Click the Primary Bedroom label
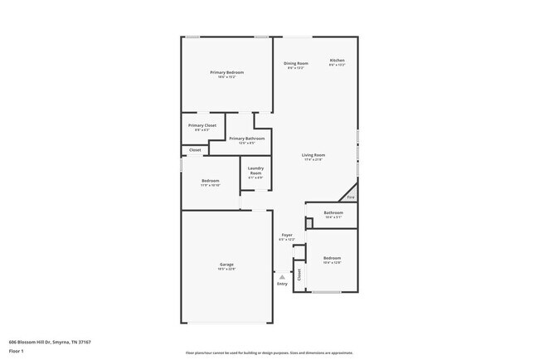(x=226, y=73)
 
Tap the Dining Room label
(x=296, y=64)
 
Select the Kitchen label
(x=337, y=61)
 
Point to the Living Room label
(x=313, y=155)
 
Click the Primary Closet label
(x=202, y=125)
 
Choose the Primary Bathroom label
(x=247, y=139)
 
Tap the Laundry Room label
(x=255, y=171)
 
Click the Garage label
(x=226, y=265)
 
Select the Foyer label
(x=287, y=235)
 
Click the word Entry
(x=283, y=285)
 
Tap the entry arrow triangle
(x=282, y=277)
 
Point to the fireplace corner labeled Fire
(x=351, y=197)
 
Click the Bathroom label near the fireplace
(x=333, y=212)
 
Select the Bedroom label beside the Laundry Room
(x=211, y=181)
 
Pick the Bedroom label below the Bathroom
(x=332, y=258)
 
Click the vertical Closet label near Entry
(x=299, y=275)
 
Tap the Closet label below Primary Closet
(x=195, y=150)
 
